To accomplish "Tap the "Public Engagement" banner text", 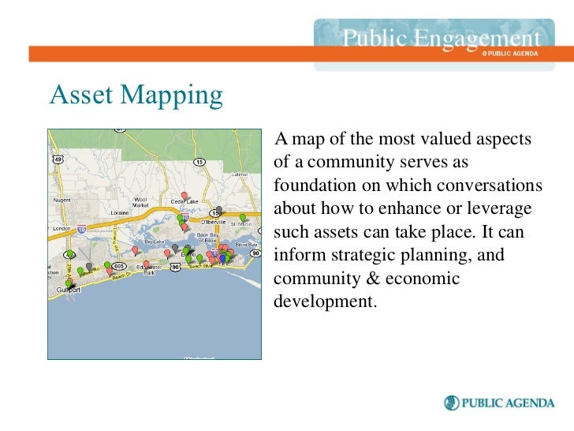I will [x=442, y=39].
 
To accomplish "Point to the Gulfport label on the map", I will [x=69, y=290].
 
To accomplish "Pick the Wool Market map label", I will [x=140, y=202].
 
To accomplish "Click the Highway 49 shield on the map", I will [x=57, y=159].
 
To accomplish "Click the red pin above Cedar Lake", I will [x=184, y=196].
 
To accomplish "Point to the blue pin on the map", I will [x=223, y=257].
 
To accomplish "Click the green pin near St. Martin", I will [x=243, y=218].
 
